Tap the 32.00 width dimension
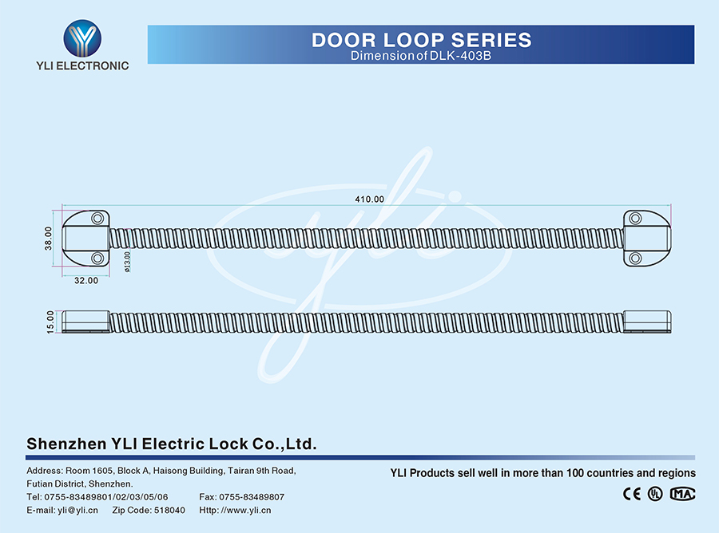[x=86, y=280]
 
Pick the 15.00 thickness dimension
[x=50, y=322]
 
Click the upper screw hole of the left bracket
[x=97, y=218]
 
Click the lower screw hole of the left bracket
[x=97, y=258]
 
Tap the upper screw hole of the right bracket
[x=635, y=218]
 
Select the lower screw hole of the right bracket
[x=635, y=258]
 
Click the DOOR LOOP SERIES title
[x=421, y=39]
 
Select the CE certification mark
[x=631, y=493]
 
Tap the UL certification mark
[x=655, y=493]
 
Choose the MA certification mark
[x=682, y=493]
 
